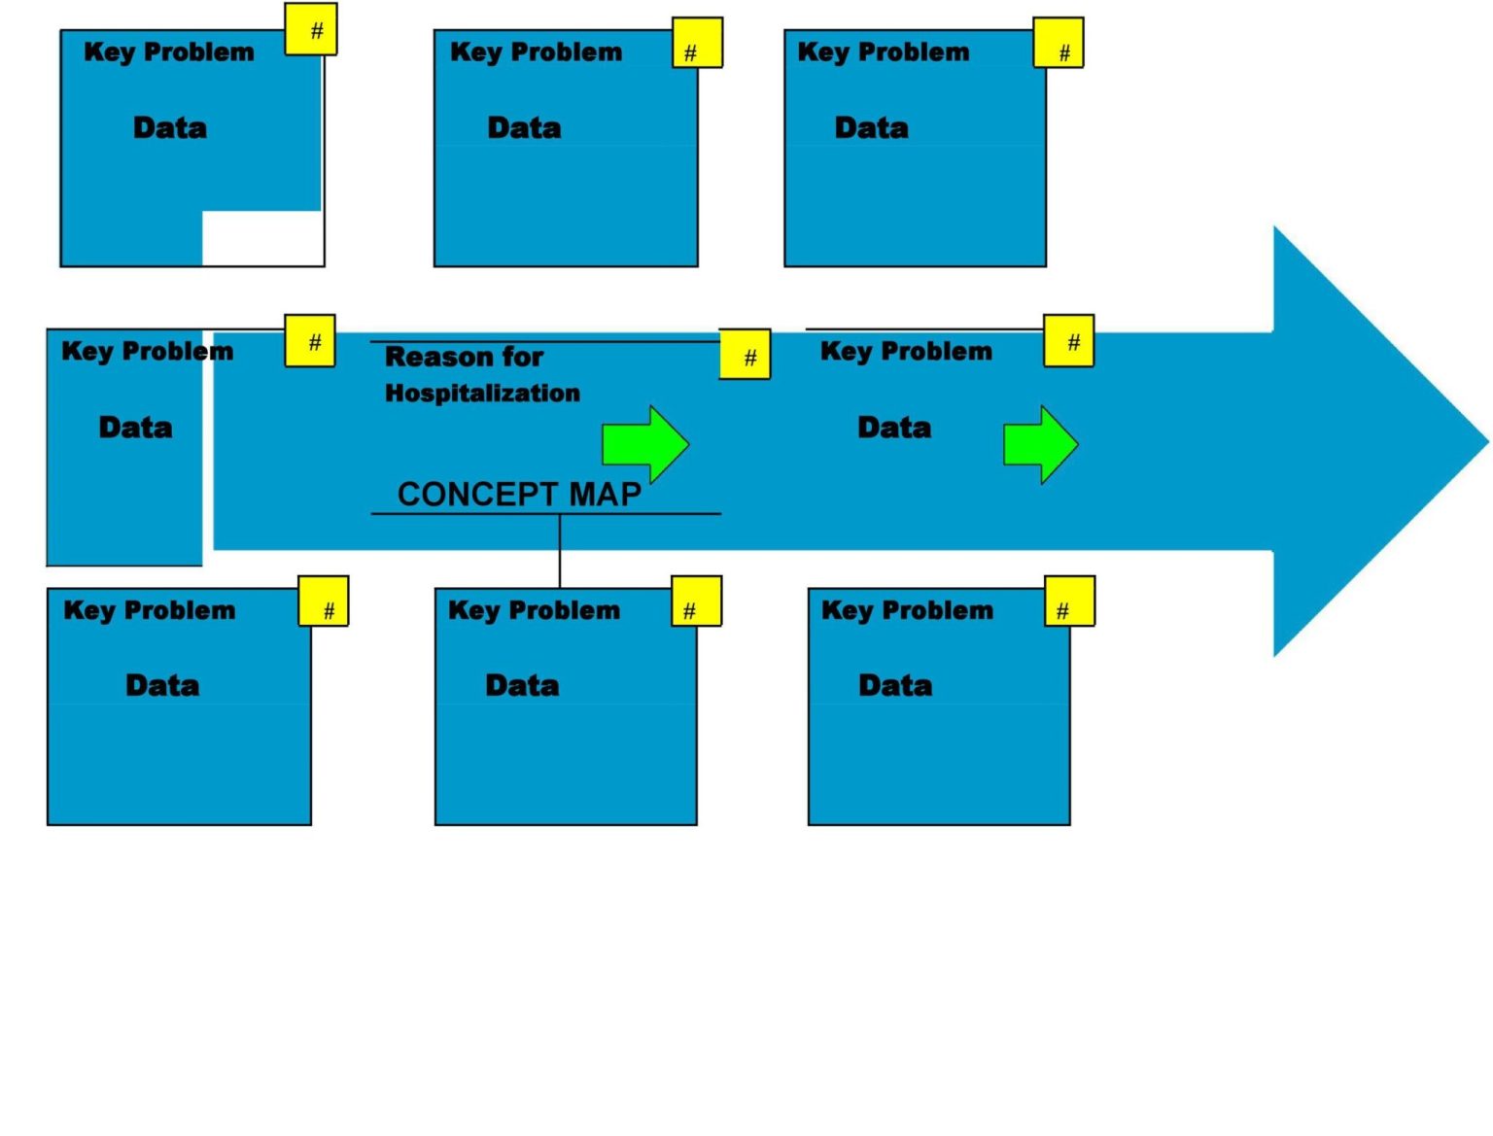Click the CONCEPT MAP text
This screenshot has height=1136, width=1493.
[519, 494]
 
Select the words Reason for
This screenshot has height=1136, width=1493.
[464, 357]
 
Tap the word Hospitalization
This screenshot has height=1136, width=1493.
[482, 393]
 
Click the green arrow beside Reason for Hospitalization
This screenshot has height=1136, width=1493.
[644, 444]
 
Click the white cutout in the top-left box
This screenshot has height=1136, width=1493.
[262, 238]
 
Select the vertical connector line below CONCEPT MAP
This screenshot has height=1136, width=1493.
[560, 550]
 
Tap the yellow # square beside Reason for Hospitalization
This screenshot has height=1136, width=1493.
[745, 355]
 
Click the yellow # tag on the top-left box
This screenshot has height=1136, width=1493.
[311, 30]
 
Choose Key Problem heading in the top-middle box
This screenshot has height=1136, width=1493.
[536, 52]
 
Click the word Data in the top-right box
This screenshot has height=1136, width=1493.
[871, 127]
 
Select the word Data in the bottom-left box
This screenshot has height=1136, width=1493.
[162, 685]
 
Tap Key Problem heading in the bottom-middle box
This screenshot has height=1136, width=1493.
[534, 610]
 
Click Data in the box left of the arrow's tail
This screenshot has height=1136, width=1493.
[135, 428]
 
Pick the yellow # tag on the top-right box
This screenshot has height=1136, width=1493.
[1059, 44]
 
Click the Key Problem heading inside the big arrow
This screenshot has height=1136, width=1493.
[906, 351]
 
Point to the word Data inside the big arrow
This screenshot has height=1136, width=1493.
[894, 428]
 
